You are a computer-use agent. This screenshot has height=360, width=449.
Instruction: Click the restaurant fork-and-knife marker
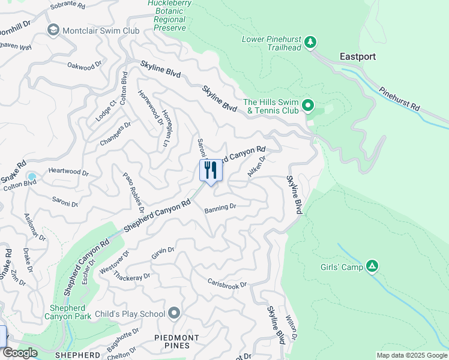pyautogui.click(x=211, y=170)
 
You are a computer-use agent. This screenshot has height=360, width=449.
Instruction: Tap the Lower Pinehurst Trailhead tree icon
pyautogui.click(x=310, y=42)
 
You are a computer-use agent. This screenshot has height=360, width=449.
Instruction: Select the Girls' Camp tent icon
pyautogui.click(x=372, y=266)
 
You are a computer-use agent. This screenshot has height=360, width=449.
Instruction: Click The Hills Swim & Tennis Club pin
pyautogui.click(x=308, y=106)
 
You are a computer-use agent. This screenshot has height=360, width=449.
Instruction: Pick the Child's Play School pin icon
pyautogui.click(x=175, y=313)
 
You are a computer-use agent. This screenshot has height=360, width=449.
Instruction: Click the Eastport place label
pyautogui.click(x=358, y=57)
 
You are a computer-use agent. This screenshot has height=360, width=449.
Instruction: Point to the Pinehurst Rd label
pyautogui.click(x=399, y=97)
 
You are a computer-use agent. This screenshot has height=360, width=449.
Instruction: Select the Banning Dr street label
pyautogui.click(x=220, y=208)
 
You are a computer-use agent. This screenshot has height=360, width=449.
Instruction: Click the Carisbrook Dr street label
pyautogui.click(x=227, y=283)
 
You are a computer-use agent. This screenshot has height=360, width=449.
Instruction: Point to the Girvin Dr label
pyautogui.click(x=163, y=254)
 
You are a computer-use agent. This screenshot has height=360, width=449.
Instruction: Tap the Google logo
pyautogui.click(x=20, y=353)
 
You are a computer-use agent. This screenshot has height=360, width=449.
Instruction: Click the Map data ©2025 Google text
pyautogui.click(x=411, y=355)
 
